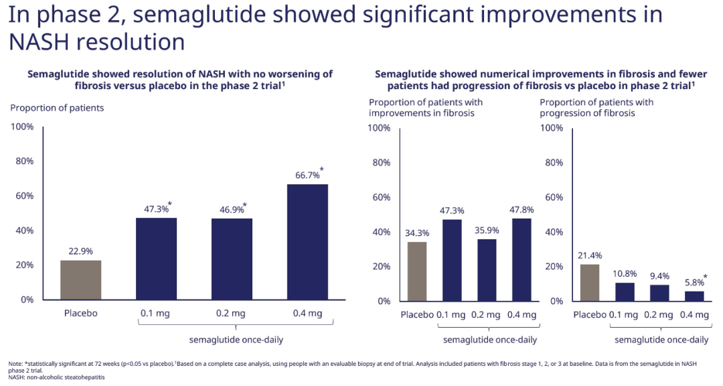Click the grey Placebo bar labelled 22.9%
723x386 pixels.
click(80, 280)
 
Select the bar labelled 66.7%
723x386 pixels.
click(307, 241)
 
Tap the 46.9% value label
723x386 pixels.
click(232, 210)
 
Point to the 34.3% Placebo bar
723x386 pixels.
click(417, 271)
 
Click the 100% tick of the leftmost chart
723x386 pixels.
click(23, 127)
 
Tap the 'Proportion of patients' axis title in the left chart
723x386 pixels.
click(57, 108)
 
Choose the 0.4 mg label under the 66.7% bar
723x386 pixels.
click(307, 313)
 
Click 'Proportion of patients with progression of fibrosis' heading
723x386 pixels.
click(596, 108)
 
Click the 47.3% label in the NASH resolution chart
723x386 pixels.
click(157, 209)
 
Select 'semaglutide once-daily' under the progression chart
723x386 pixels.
click(661, 340)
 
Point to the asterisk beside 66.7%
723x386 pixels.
click(321, 170)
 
